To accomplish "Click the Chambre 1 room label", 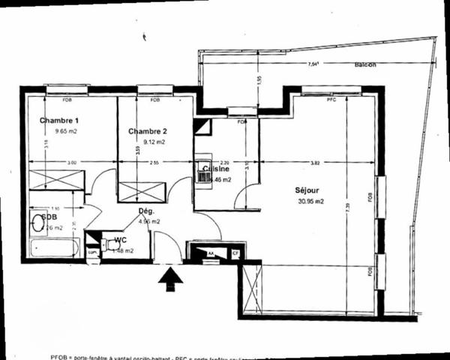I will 58,121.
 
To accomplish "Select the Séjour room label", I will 308,190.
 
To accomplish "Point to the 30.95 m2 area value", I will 310,201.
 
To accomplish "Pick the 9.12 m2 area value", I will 153,141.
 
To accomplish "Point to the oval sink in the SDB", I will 37,223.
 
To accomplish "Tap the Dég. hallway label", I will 146,211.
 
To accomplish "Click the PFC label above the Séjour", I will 331,99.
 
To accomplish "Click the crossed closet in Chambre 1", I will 56,180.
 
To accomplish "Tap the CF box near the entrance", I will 235,254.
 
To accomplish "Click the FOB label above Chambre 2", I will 154,99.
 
